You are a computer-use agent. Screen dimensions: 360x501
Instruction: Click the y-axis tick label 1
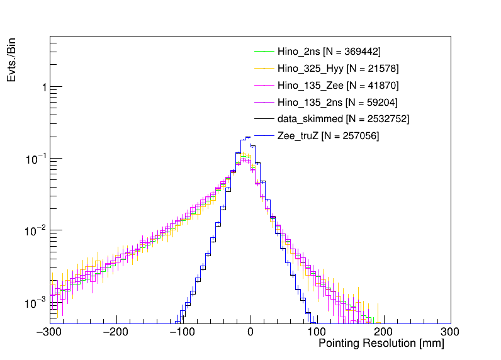pyautogui.click(x=43, y=87)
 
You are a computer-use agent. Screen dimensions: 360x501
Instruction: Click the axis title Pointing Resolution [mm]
pyautogui.click(x=381, y=344)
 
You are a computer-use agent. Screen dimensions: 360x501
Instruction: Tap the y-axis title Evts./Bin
pyautogui.click(x=11, y=60)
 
